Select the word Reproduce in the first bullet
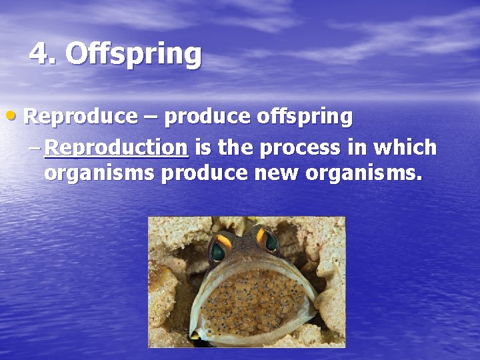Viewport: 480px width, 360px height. (80, 117)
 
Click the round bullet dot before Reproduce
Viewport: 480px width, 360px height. (15, 116)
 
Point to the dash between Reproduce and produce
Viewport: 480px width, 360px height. (150, 117)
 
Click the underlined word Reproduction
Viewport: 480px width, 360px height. (116, 147)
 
